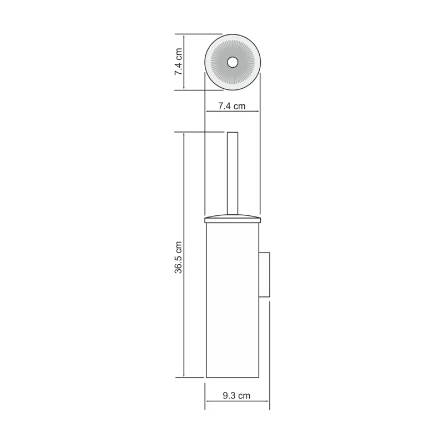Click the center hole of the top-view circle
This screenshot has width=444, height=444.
[233, 62]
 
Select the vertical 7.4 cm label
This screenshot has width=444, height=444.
[178, 62]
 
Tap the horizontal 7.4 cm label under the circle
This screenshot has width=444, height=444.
[232, 105]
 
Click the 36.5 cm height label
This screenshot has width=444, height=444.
[178, 256]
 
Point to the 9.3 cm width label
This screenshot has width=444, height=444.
[237, 395]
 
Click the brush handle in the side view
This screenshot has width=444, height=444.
[233, 172]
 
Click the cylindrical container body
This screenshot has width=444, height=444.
[233, 300]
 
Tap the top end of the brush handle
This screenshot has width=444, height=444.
[233, 133]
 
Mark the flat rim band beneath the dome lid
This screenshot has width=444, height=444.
[233, 221]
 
